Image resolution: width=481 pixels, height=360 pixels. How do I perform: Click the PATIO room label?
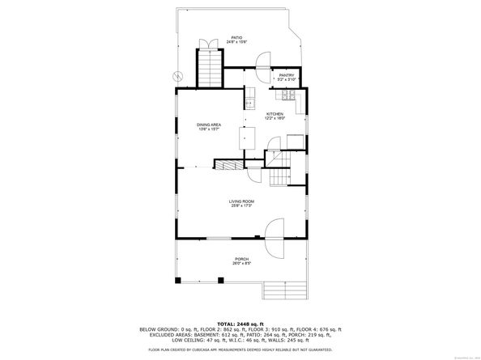tap(236, 37)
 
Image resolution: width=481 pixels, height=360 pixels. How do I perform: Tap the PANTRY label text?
tap(287, 76)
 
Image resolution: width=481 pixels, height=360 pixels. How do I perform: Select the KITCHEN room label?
tap(275, 114)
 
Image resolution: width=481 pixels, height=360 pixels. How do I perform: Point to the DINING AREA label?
tap(209, 124)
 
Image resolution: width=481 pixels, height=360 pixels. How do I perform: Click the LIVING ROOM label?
tap(240, 201)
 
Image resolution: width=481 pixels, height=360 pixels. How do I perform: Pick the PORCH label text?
tap(240, 258)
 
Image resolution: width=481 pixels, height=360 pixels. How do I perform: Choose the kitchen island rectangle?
tap(244, 138)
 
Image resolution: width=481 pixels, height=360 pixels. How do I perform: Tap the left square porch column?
tap(178, 280)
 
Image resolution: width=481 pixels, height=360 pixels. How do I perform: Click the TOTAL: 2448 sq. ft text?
tap(240, 322)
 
